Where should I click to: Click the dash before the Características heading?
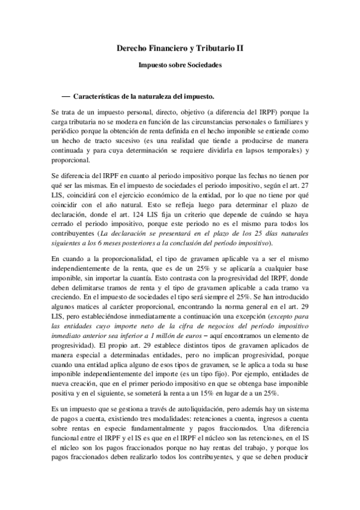point(66,96)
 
